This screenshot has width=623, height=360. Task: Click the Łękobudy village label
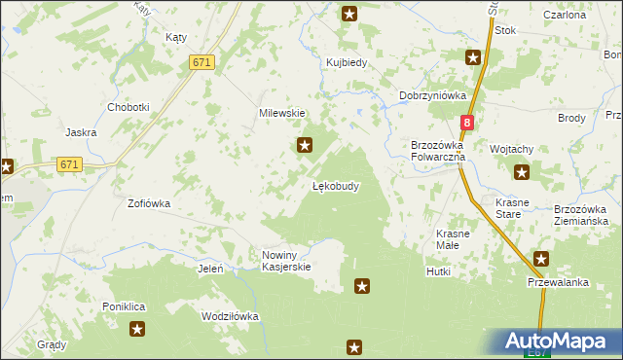point(336,186)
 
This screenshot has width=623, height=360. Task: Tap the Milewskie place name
point(282,113)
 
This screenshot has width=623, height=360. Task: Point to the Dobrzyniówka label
point(433,95)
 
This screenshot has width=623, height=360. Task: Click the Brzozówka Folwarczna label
point(438,150)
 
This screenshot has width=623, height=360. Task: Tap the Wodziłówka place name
point(229,316)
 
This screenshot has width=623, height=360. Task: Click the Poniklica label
point(124,306)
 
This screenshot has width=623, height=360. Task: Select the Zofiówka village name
point(149,204)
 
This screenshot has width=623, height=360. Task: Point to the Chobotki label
point(128,107)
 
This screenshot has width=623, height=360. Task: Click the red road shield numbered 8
point(467,123)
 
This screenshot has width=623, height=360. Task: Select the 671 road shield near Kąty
point(202,62)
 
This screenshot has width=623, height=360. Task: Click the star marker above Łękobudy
point(305,146)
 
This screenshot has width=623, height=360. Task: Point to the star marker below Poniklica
point(137,330)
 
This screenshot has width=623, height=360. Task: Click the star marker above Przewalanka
point(541,259)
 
